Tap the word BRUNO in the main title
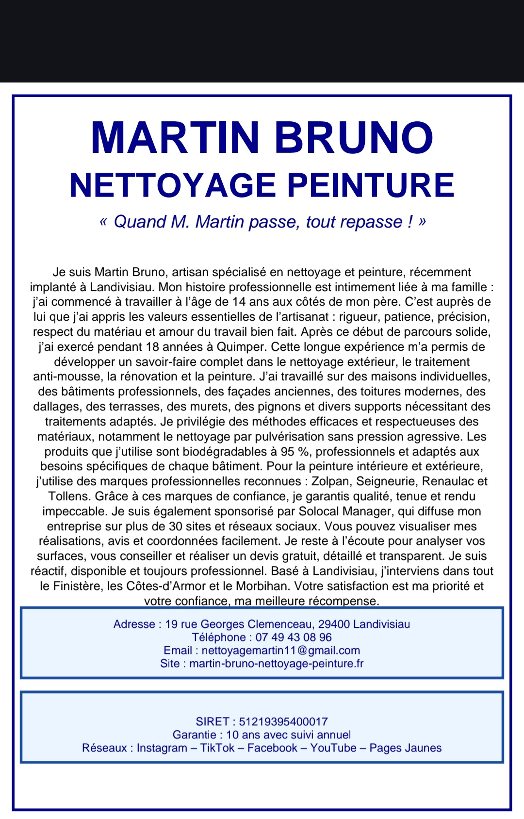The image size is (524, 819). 354,137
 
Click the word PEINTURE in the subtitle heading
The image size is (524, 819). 371,185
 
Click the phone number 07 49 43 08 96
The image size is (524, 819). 294,637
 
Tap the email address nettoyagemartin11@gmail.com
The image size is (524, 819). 280,650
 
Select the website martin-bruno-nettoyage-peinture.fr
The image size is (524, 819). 276,663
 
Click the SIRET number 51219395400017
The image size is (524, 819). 283,721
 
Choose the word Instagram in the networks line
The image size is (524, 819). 162,748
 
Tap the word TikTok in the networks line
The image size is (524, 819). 217,748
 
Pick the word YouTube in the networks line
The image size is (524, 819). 333,748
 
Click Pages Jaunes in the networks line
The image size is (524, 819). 406,748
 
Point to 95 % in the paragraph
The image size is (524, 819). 295,452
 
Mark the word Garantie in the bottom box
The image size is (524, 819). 194,735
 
